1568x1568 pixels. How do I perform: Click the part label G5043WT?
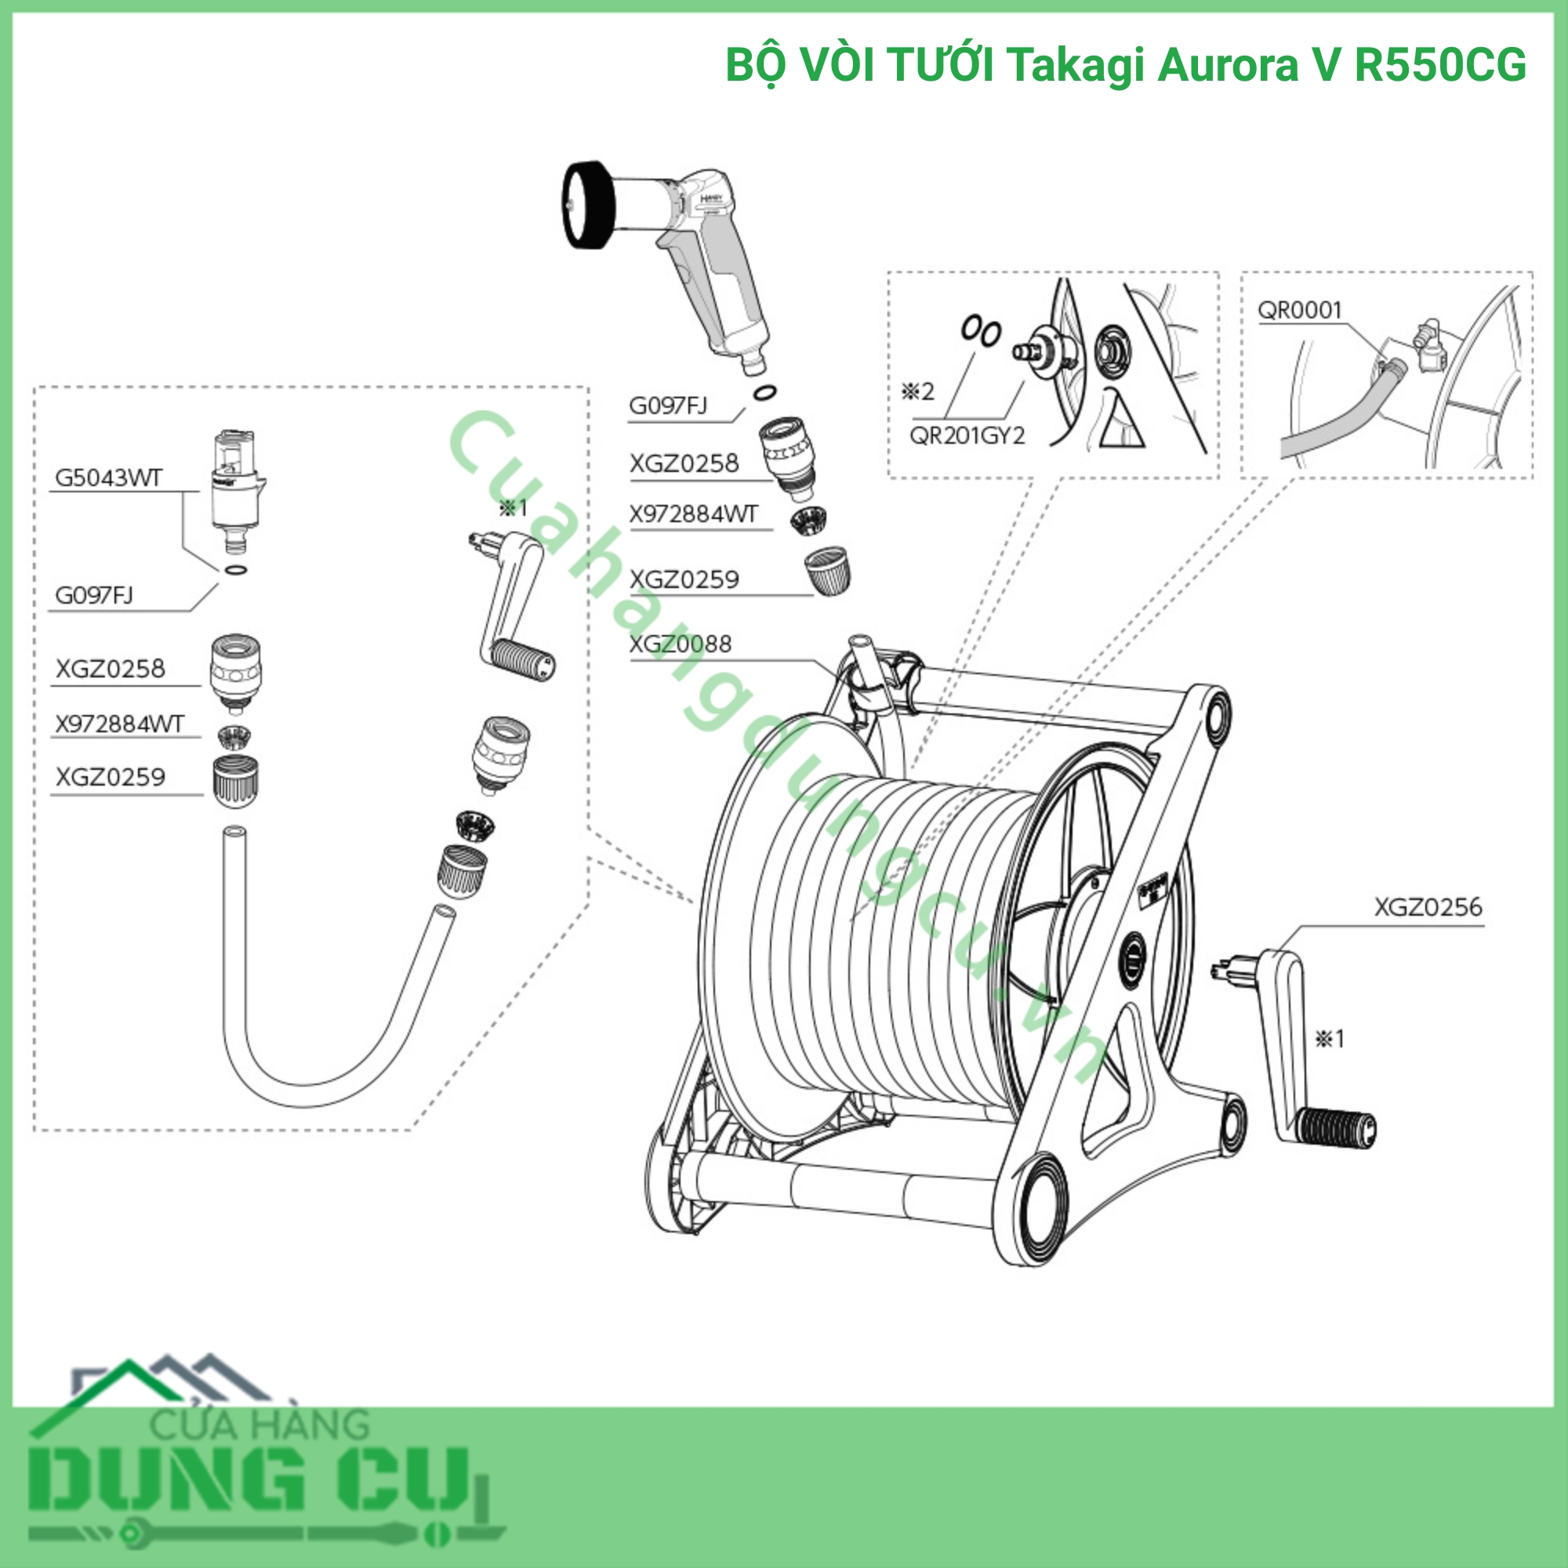coord(109,477)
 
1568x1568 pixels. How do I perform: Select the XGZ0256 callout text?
coord(1428,906)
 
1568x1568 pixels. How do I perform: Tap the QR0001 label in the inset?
coord(1299,310)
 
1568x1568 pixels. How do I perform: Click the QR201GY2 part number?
coord(967,436)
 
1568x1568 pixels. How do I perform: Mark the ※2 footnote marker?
coord(918,392)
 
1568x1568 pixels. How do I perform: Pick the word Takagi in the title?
coord(1077,66)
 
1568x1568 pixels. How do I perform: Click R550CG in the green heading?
coord(1440,65)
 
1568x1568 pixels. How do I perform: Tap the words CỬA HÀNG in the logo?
coord(260,1425)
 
